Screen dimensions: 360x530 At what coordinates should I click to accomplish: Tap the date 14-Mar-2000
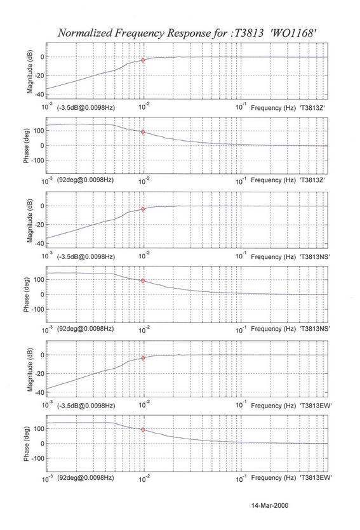(270, 505)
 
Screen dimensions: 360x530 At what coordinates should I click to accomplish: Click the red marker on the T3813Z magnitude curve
(143, 60)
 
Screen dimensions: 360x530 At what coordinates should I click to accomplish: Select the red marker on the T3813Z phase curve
(143, 132)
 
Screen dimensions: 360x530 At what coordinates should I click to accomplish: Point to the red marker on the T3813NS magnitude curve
(143, 209)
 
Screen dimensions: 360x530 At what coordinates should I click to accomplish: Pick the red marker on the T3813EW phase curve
(143, 430)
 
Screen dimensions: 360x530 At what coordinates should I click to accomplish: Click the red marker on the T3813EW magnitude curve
(143, 358)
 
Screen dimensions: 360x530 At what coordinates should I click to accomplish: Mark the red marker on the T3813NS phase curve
(143, 281)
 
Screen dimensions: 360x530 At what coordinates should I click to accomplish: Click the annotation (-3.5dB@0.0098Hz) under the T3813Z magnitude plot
(86, 108)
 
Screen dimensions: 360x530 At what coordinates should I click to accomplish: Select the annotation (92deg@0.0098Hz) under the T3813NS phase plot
(85, 329)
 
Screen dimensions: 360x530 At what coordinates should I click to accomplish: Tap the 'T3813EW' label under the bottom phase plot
(316, 477)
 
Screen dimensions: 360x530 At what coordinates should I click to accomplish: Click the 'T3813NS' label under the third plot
(315, 257)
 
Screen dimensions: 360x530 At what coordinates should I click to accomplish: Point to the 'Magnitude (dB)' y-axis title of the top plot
(30, 71)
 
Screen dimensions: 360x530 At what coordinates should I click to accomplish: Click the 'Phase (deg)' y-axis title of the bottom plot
(26, 444)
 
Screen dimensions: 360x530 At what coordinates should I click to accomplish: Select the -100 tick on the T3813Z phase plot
(38, 161)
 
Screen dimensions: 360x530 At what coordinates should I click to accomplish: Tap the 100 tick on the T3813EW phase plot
(39, 428)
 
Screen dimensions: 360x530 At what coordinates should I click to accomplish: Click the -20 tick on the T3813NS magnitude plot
(39, 225)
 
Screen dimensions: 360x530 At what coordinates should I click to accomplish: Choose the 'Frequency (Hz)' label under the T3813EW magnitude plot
(273, 406)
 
